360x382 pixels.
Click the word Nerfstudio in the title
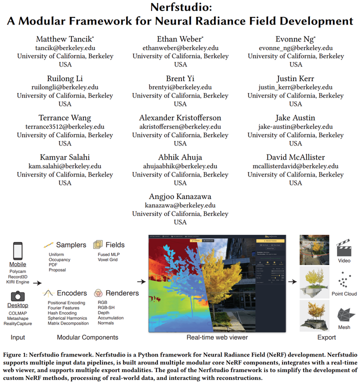[180, 8]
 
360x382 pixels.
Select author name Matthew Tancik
[64, 39]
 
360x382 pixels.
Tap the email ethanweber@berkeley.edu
[180, 48]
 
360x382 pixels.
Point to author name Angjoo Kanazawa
[180, 197]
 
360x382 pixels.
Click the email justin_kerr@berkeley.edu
[295, 87]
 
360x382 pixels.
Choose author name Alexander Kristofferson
[180, 118]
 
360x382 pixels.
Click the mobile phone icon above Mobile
[17, 250]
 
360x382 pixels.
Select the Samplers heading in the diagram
[71, 245]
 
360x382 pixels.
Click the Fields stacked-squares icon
[98, 244]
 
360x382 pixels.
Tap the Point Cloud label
[344, 293]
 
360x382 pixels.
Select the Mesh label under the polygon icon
[344, 327]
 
